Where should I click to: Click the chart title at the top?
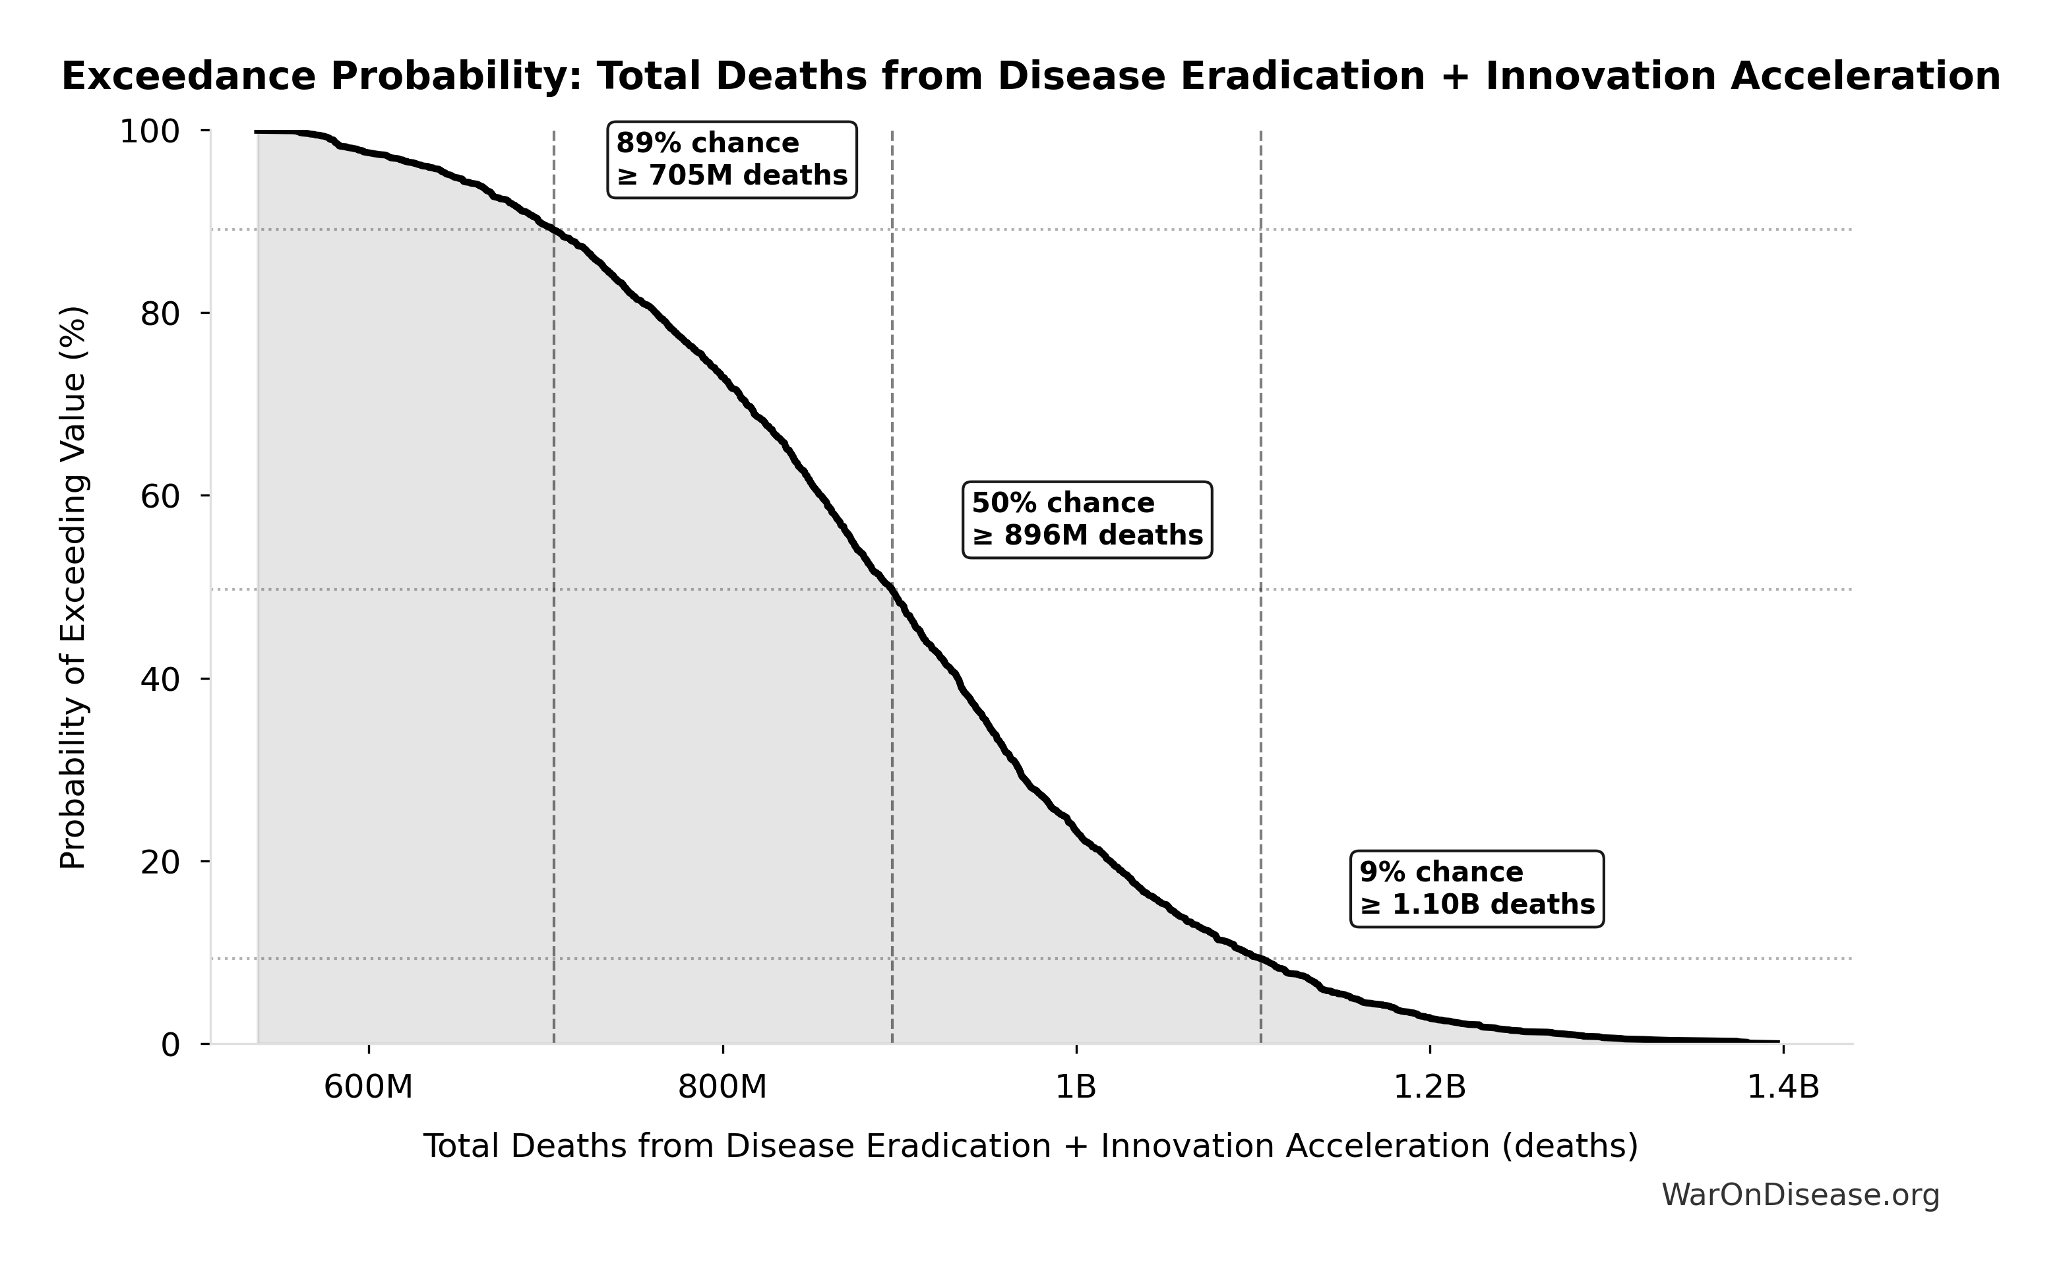pos(1030,76)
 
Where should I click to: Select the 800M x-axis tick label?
pos(722,1087)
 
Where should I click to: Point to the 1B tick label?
pos(1076,1087)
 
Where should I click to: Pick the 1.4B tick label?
pos(1783,1087)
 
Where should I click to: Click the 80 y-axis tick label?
pos(160,314)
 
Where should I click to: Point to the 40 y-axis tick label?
pos(160,679)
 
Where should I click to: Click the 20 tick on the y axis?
pos(160,862)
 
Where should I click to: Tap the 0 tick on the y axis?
pos(171,1045)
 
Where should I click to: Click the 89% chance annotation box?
pos(731,160)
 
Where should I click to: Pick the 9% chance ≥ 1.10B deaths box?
pos(1476,889)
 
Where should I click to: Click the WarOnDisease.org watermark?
pos(1799,1195)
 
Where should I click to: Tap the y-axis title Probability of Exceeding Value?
pos(74,587)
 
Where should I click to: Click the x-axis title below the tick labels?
pos(1030,1146)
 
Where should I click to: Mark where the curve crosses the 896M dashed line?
pos(892,590)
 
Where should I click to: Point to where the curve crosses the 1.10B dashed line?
pos(1260,960)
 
